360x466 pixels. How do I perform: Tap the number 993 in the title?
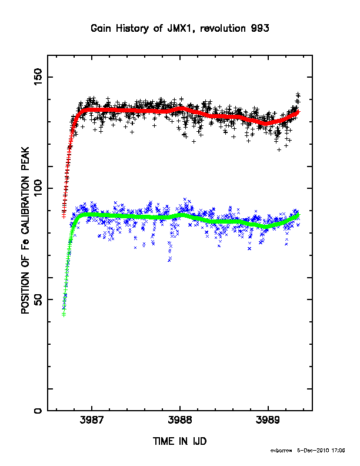click(x=260, y=28)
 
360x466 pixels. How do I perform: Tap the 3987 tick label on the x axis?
click(x=92, y=420)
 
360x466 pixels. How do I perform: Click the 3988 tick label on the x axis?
click(x=180, y=420)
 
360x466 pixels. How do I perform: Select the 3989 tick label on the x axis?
click(x=268, y=420)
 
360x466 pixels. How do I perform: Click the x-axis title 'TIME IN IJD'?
click(x=179, y=441)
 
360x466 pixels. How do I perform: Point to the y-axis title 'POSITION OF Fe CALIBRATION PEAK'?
click(x=25, y=230)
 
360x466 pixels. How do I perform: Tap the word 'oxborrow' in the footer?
click(x=281, y=451)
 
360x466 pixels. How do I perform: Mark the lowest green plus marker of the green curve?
click(x=64, y=315)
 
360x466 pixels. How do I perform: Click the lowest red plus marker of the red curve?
click(x=64, y=217)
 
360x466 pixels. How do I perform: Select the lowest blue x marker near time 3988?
click(x=169, y=260)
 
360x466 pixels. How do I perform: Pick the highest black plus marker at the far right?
click(x=298, y=94)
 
